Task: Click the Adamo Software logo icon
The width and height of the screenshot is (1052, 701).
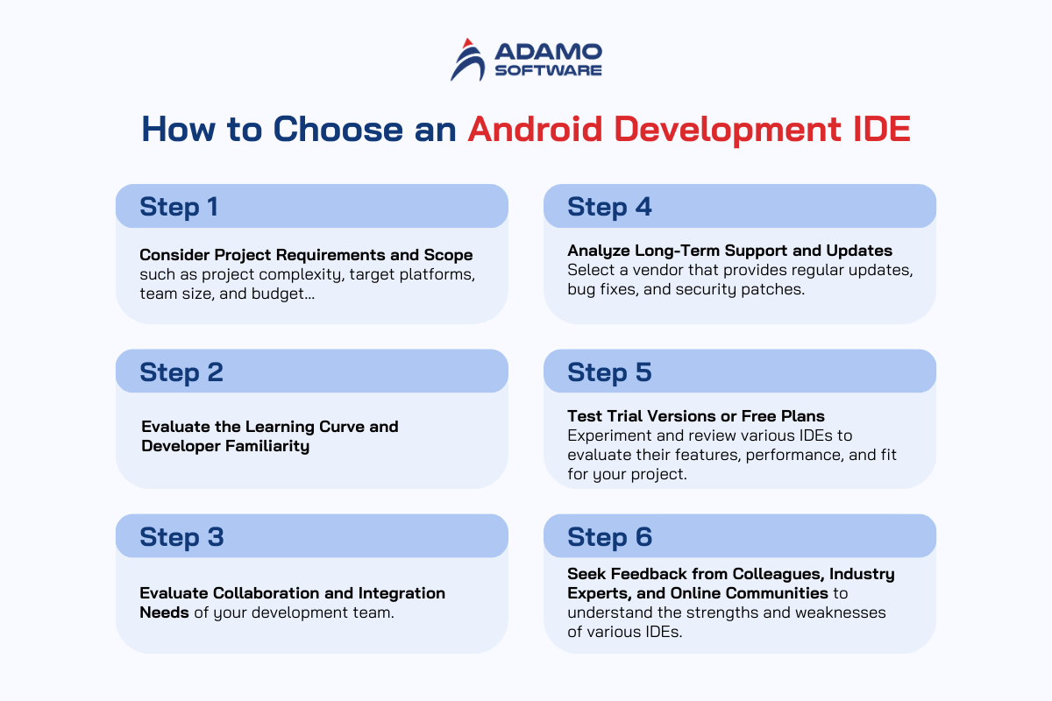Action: pyautogui.click(x=468, y=60)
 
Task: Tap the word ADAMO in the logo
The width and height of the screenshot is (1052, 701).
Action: pyautogui.click(x=548, y=52)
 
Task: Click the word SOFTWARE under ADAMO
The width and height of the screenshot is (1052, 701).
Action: pyautogui.click(x=548, y=70)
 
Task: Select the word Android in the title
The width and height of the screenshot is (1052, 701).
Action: pyautogui.click(x=535, y=128)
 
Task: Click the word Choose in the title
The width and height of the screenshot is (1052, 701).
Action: pyautogui.click(x=338, y=129)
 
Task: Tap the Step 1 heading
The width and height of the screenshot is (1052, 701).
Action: pyautogui.click(x=179, y=207)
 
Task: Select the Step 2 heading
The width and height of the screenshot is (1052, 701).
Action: pyautogui.click(x=181, y=372)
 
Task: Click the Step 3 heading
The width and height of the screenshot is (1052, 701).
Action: pyautogui.click(x=181, y=536)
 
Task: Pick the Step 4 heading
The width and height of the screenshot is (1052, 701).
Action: pyautogui.click(x=609, y=207)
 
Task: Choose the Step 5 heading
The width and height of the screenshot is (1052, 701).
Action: pyautogui.click(x=609, y=372)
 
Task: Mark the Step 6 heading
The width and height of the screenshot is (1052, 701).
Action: pyautogui.click(x=609, y=536)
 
